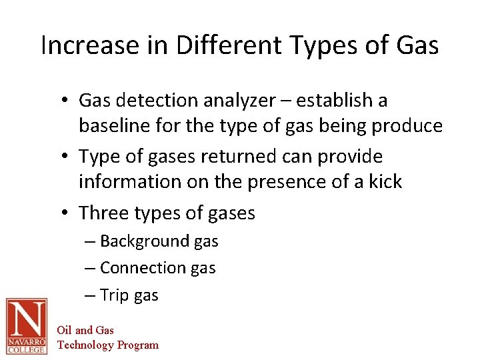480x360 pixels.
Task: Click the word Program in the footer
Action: (138, 345)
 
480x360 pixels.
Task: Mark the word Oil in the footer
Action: (64, 330)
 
